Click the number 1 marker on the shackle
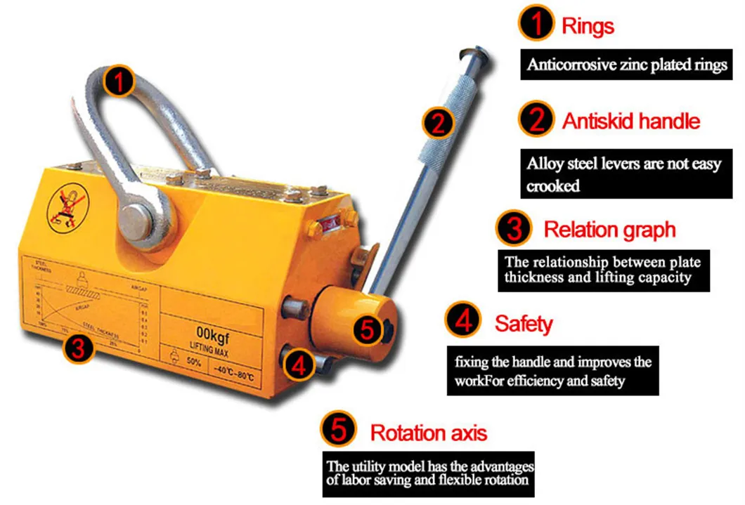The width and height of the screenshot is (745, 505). (x=119, y=83)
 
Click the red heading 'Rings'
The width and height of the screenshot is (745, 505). (x=588, y=27)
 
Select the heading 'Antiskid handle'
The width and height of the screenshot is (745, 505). (x=630, y=121)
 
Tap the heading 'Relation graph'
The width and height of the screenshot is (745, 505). (x=609, y=229)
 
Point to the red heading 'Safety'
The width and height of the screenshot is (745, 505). (x=524, y=323)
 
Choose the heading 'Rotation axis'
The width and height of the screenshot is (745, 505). (x=429, y=432)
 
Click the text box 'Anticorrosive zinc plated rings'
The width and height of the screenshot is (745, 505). (x=627, y=65)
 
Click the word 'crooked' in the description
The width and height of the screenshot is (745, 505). (x=554, y=187)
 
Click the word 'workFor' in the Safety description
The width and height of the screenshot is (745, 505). (x=476, y=381)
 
